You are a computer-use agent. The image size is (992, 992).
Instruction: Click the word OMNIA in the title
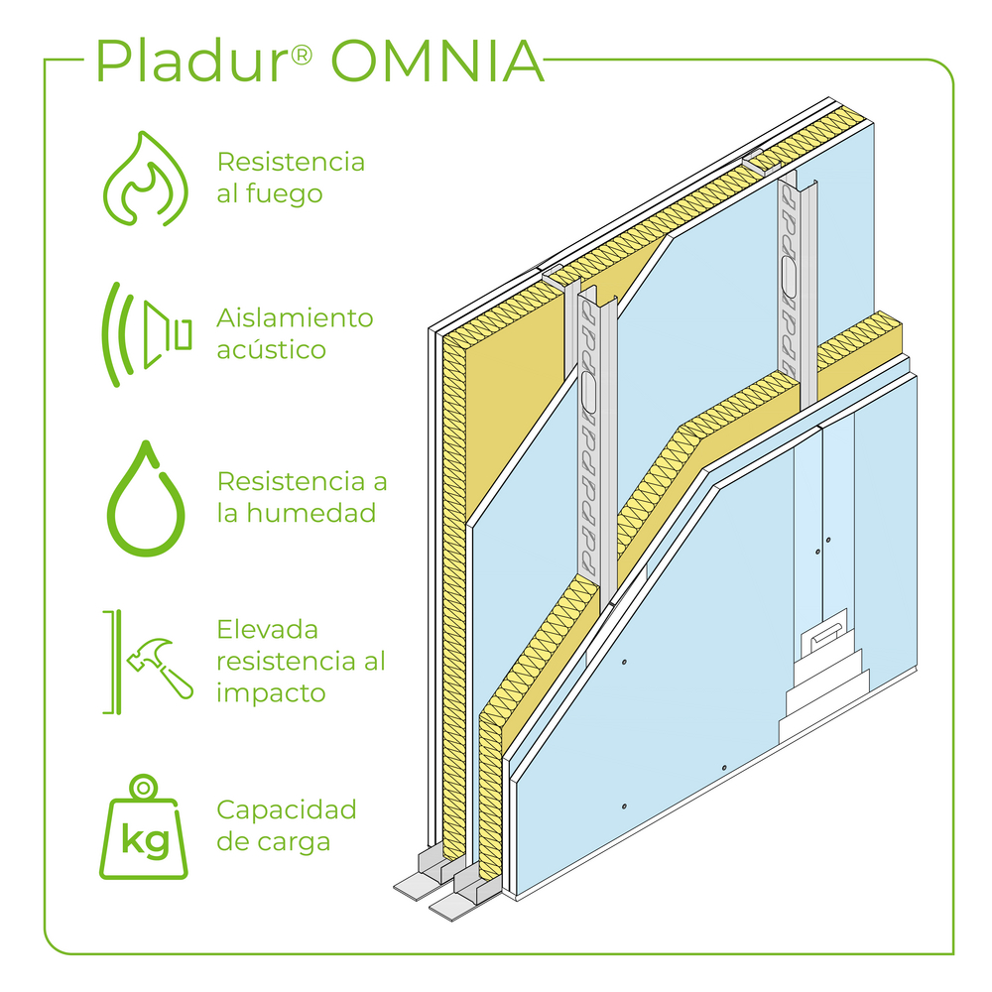click(x=437, y=62)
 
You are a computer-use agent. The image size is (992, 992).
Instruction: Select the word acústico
click(x=271, y=349)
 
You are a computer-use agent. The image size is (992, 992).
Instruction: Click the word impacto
click(x=271, y=692)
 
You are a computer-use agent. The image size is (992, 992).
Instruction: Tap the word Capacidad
click(x=286, y=809)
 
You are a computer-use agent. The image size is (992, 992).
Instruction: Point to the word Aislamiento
click(x=295, y=317)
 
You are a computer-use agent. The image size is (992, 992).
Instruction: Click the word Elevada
click(x=268, y=629)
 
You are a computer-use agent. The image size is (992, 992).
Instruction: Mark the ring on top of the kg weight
click(x=145, y=786)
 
